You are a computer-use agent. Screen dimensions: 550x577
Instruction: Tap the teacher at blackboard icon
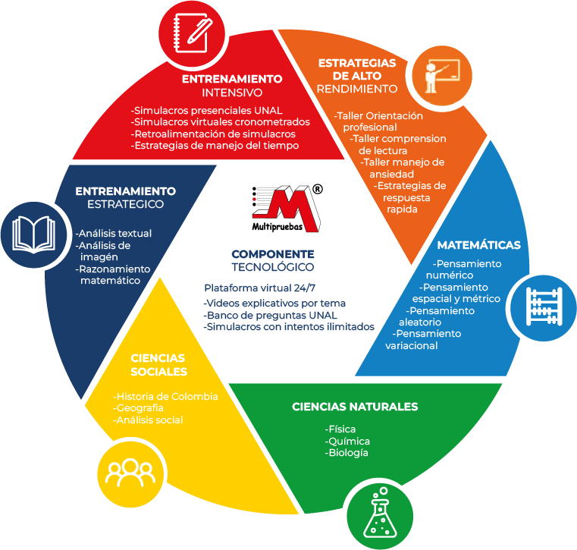(440, 73)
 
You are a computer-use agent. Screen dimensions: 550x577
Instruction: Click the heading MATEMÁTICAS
(478, 245)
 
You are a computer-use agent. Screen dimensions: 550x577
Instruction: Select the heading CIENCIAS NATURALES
(355, 407)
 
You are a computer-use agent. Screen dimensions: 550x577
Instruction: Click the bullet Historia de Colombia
(165, 396)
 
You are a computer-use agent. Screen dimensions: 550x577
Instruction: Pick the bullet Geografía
(138, 408)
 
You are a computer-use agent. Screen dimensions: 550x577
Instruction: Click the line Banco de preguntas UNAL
(271, 315)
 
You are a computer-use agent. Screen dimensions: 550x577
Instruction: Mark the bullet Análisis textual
(114, 233)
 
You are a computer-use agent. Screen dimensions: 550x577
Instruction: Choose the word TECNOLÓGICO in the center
(272, 268)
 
